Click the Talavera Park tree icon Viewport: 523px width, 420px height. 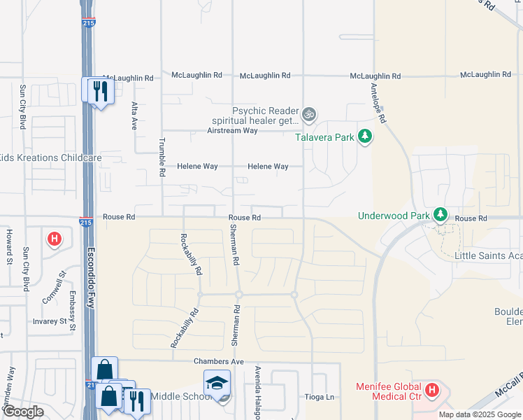[364, 136]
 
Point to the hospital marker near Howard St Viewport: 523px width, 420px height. [54, 239]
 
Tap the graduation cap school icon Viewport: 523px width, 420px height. [216, 384]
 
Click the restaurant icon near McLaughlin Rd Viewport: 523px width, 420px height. [99, 90]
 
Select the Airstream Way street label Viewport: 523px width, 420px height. [233, 131]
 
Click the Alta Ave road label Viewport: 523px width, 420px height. [134, 115]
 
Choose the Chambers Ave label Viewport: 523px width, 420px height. [218, 361]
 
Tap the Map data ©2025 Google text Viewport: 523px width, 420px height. [479, 414]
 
